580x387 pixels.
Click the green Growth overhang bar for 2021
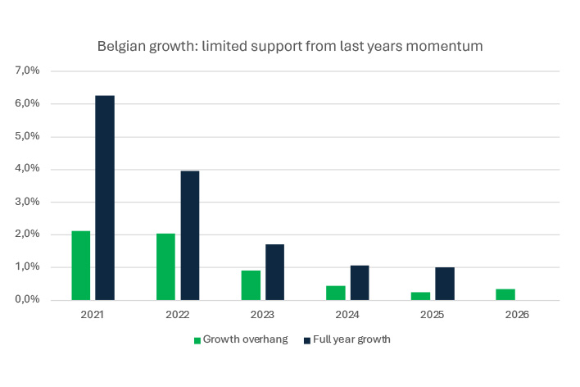[81, 266]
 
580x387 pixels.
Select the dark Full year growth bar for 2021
[104, 198]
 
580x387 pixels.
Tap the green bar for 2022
[165, 266]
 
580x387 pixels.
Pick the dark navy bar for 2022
[189, 235]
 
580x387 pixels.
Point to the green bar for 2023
[251, 285]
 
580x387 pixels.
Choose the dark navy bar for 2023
[274, 271]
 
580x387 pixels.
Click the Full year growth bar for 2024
[359, 282]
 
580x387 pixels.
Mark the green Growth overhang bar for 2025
[420, 295]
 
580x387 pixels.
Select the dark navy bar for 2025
[444, 283]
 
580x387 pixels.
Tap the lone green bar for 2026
[505, 294]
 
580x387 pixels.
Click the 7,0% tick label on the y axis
[28, 71]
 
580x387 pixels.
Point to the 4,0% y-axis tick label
[28, 169]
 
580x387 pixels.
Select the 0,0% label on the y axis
[28, 300]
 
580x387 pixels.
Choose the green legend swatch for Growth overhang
[197, 340]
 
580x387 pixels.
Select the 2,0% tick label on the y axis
[28, 234]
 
